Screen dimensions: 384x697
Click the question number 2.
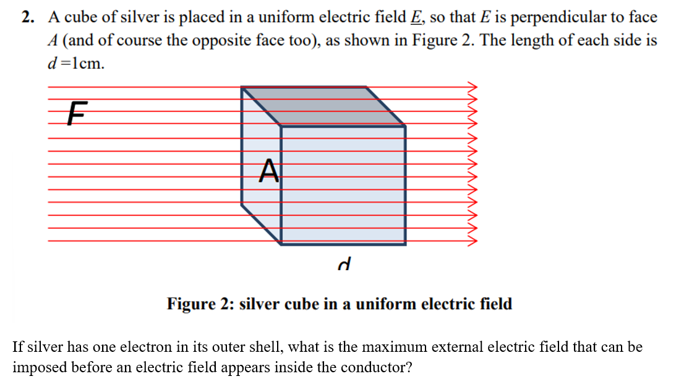coord(27,17)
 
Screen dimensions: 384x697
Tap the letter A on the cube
coord(268,170)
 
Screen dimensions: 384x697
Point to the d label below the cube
coord(344,265)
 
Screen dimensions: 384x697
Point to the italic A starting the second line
coord(53,41)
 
